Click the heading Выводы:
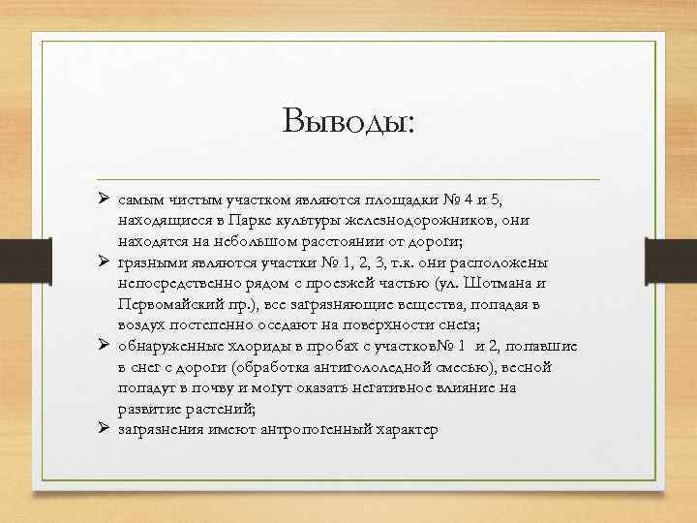tap(348, 123)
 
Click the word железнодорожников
tap(407, 221)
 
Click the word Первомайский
tap(167, 305)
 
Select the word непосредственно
tap(173, 284)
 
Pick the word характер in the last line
tap(408, 429)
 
